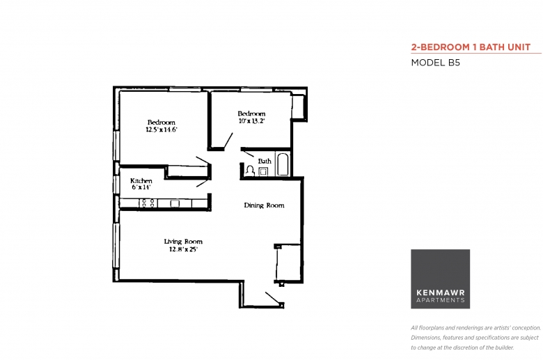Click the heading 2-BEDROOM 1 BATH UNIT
[471, 47]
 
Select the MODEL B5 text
[435, 63]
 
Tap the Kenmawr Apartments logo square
[440, 279]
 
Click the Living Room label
[183, 242]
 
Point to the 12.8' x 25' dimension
[183, 249]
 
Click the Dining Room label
[265, 205]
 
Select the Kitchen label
[141, 180]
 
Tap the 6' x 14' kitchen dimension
[141, 187]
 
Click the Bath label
[265, 161]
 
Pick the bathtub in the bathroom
[283, 164]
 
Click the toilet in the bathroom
[250, 170]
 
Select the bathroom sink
[263, 171]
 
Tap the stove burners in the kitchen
[148, 203]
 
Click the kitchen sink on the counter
[175, 203]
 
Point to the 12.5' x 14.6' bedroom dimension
[162, 130]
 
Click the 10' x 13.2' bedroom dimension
[252, 121]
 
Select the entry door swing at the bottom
[272, 298]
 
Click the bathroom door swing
[248, 153]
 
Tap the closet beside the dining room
[288, 263]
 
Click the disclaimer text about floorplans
[475, 338]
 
